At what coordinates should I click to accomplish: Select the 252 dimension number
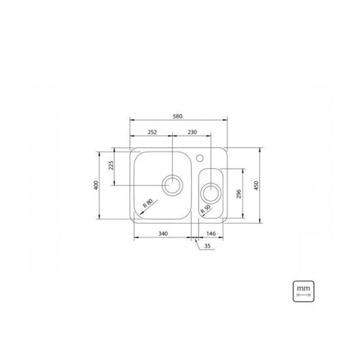[x=151, y=132]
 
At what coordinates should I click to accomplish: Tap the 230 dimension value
[x=191, y=132]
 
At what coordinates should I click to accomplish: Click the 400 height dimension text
[x=96, y=185]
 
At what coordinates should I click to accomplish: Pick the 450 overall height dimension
[x=264, y=185]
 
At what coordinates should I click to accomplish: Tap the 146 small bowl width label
[x=211, y=234]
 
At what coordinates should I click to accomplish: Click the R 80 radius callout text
[x=147, y=203]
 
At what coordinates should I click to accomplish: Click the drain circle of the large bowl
[x=173, y=185]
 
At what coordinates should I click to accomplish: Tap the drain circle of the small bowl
[x=211, y=192]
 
